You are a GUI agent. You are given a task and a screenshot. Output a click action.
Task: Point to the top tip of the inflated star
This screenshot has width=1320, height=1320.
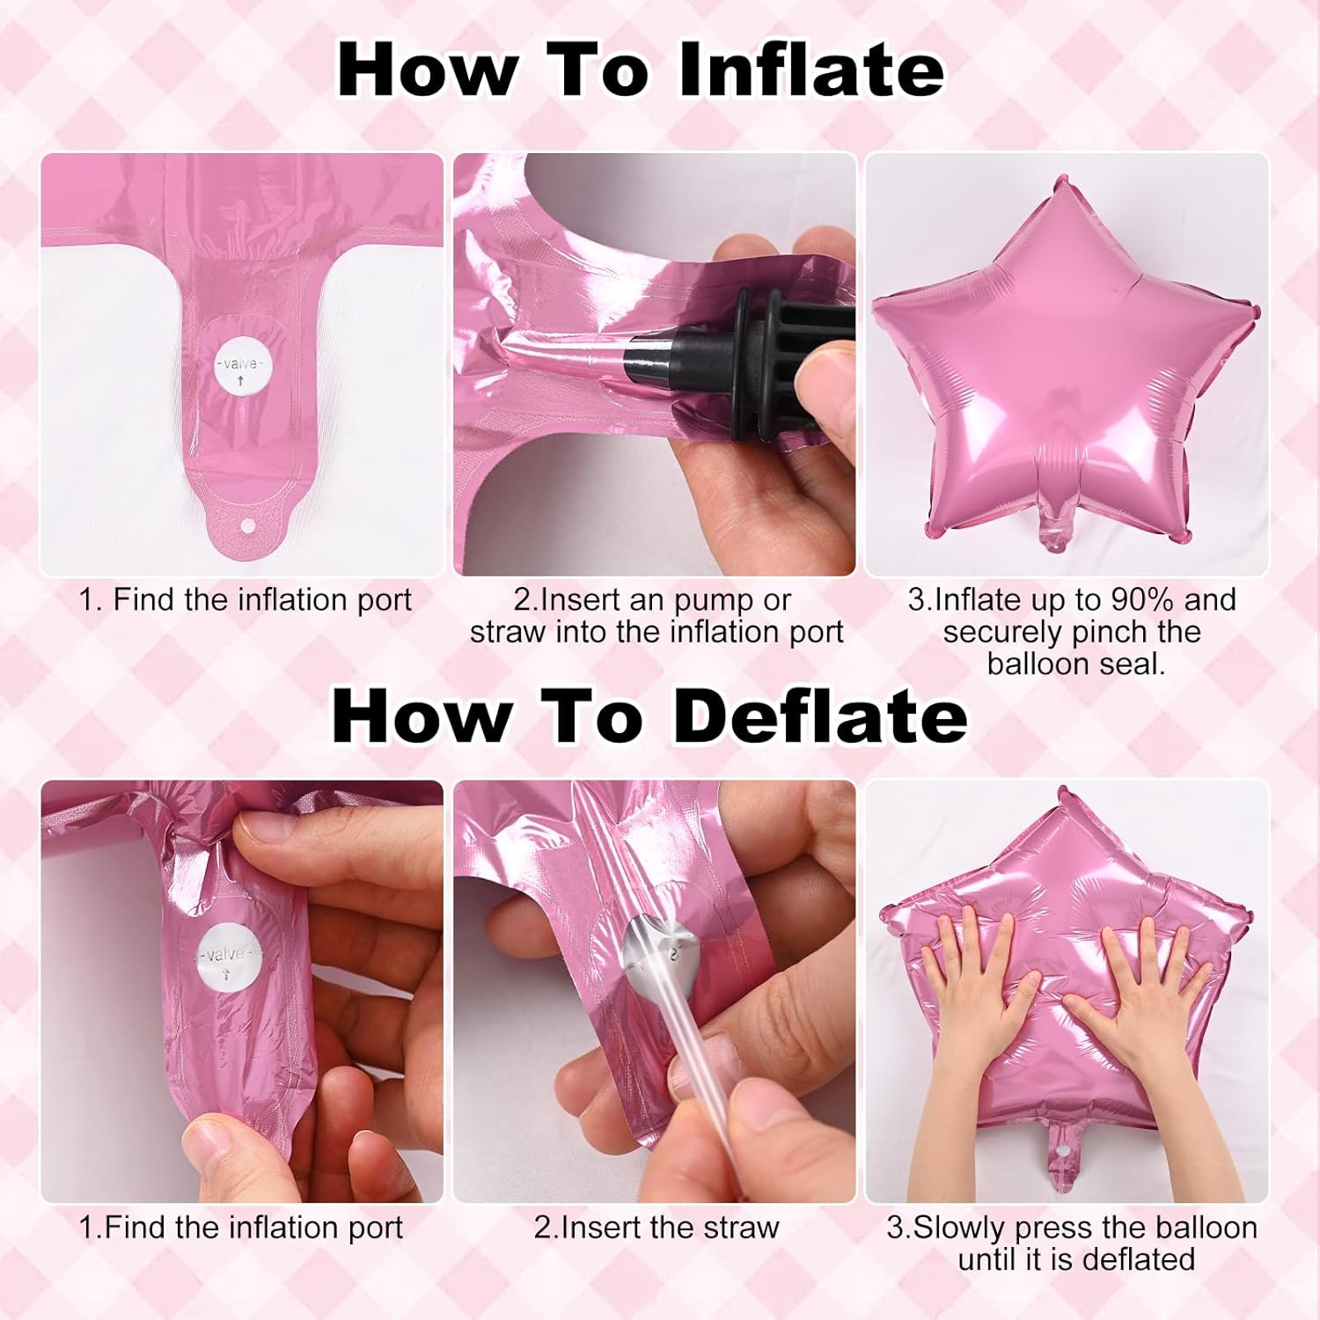(1061, 181)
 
